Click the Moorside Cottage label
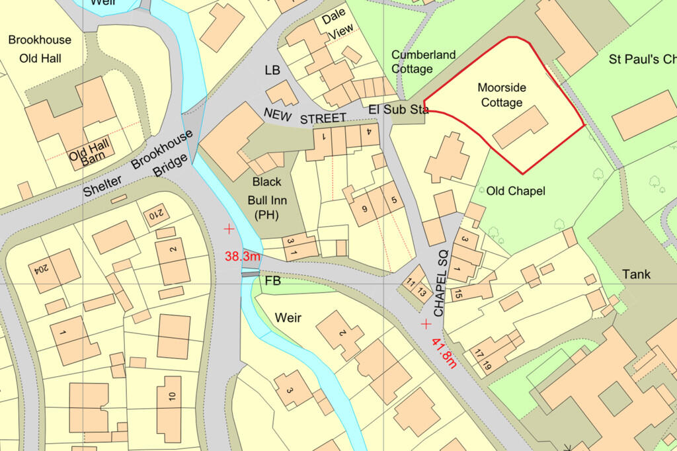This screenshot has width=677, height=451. [501, 95]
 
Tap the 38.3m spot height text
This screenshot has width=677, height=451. [243, 256]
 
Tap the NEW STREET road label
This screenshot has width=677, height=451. [305, 116]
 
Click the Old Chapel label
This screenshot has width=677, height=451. [516, 191]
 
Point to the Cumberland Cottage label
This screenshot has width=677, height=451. [423, 61]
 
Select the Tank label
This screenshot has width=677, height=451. [635, 274]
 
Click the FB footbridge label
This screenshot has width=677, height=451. [272, 281]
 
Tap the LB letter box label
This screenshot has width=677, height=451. [272, 69]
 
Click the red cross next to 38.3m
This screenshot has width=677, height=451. [229, 229]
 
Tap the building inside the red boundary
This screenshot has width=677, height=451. [520, 127]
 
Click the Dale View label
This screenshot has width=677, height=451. [336, 30]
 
